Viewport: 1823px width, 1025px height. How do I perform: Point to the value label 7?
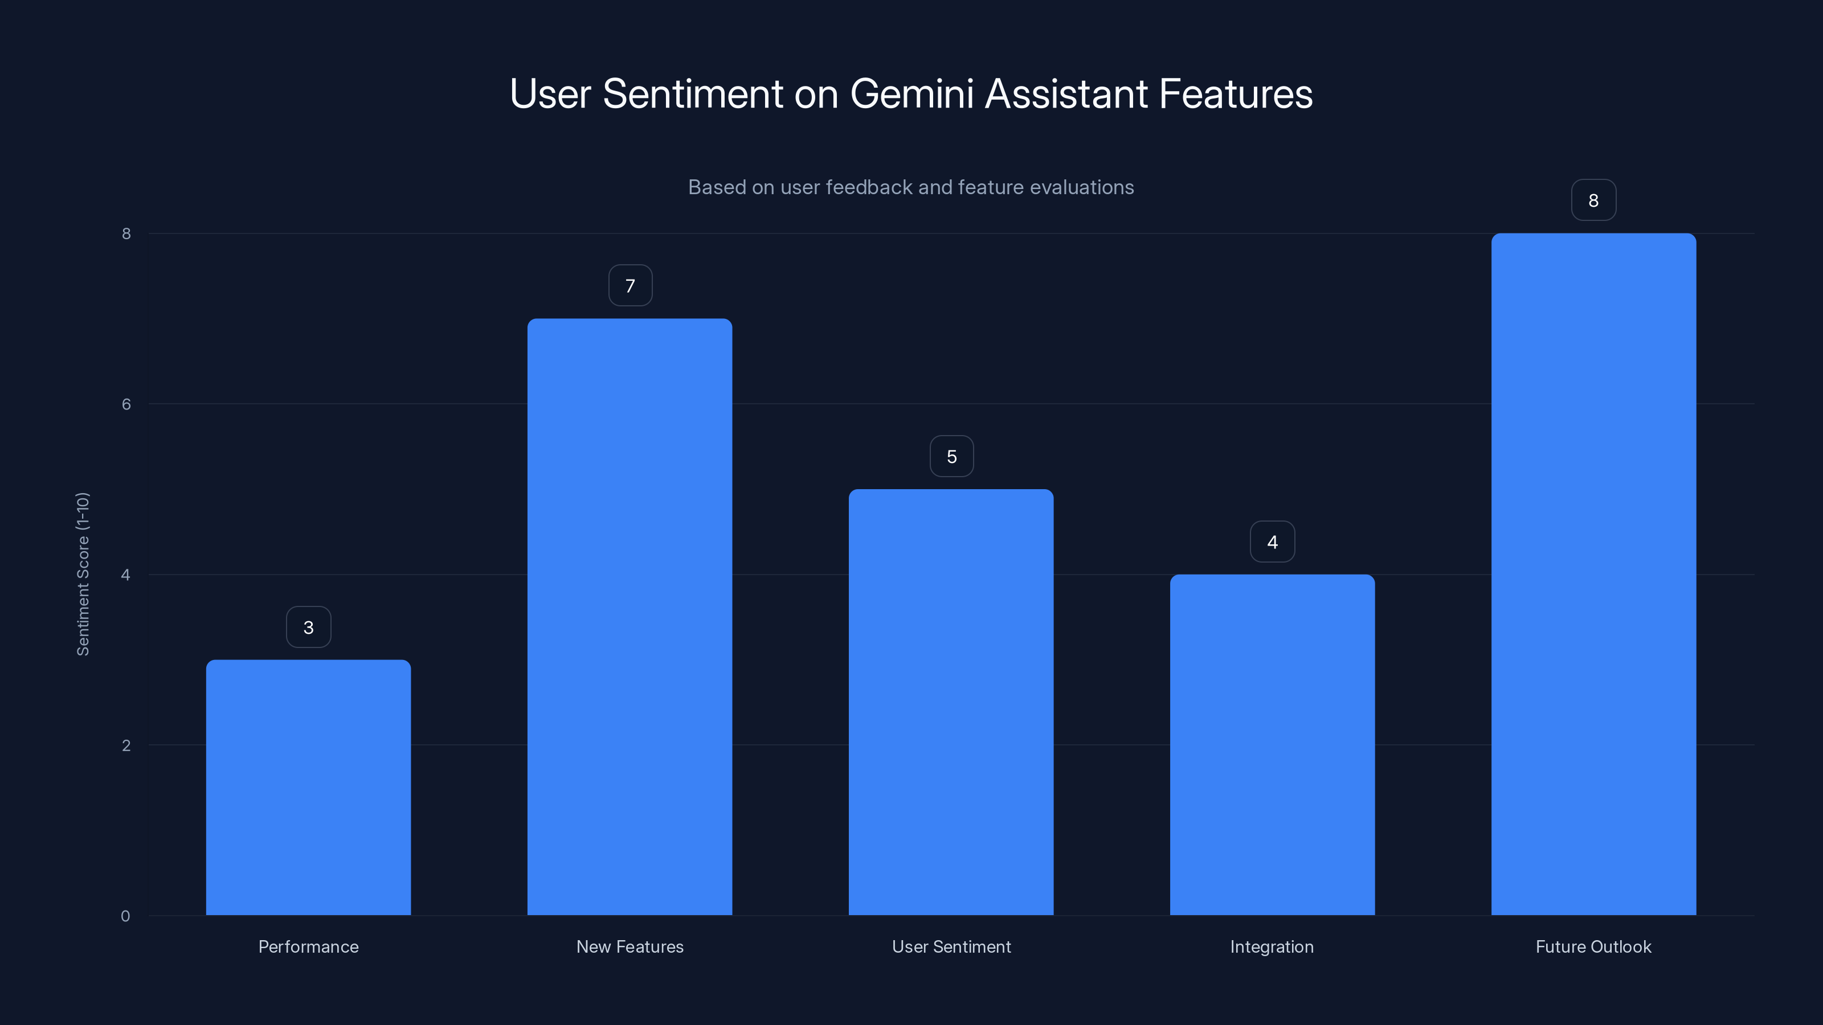(630, 285)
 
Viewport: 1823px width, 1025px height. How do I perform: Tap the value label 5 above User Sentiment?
(951, 456)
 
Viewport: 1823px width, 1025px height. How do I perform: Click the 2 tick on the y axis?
(126, 745)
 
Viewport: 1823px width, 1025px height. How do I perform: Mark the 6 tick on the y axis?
(126, 404)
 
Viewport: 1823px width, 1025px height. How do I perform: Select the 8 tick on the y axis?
(126, 233)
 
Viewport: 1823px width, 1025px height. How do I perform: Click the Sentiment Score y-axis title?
(83, 573)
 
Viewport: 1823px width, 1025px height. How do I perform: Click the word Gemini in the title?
(911, 94)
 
